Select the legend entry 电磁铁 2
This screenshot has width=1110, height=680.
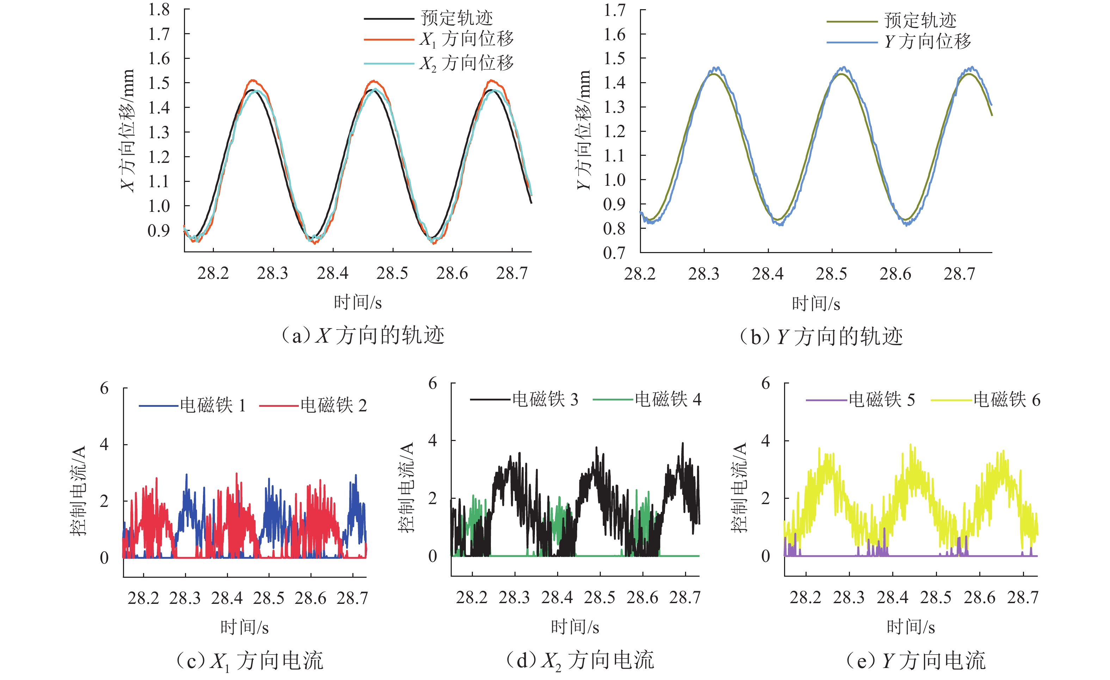[x=333, y=405]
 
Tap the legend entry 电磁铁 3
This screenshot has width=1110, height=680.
[x=545, y=399]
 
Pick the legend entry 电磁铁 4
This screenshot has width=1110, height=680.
[x=668, y=399]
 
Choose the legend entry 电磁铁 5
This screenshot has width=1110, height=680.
[x=882, y=400]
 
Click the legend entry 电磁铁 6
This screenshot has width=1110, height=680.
[x=1007, y=400]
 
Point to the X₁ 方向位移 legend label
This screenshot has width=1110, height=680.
[x=467, y=39]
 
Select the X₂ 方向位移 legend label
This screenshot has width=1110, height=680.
[x=467, y=63]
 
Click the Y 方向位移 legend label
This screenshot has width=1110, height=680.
[x=927, y=42]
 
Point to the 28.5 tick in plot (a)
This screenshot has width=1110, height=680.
[x=392, y=273]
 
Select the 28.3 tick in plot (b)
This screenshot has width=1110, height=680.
[x=704, y=274]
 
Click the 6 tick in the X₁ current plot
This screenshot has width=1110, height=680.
[x=105, y=388]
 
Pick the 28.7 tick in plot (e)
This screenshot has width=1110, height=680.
[x=1023, y=598]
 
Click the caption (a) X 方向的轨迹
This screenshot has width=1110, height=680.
[x=363, y=336]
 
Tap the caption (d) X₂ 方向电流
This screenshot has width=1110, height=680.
[x=580, y=661]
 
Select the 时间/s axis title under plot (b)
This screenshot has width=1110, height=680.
[x=816, y=304]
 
